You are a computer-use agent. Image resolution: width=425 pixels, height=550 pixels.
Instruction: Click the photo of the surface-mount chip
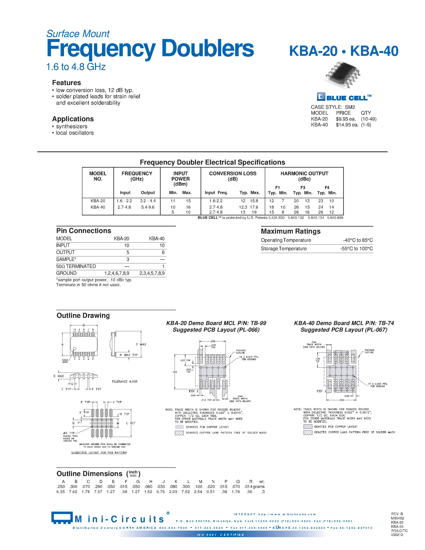(x=343, y=75)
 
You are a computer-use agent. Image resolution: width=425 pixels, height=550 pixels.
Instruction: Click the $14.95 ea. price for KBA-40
(x=347, y=125)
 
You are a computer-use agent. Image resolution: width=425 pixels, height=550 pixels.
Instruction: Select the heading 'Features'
(x=66, y=83)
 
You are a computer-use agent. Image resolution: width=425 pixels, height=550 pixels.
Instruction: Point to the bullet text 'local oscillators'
(x=75, y=133)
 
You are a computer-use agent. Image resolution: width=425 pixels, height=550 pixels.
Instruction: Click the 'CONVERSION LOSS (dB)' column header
(x=232, y=176)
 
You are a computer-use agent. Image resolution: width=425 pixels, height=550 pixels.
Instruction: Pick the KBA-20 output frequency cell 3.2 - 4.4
(x=148, y=201)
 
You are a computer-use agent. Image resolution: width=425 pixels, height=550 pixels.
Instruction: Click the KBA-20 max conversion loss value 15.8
(x=254, y=201)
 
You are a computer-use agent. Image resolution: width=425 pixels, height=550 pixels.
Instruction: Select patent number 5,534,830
(x=276, y=218)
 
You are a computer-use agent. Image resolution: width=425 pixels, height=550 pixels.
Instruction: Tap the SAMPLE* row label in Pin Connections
(x=66, y=259)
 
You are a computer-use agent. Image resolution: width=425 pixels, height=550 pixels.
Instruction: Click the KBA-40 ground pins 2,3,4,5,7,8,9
(x=152, y=273)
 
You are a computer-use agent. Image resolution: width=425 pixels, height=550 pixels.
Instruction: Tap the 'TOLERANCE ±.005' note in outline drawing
(x=124, y=382)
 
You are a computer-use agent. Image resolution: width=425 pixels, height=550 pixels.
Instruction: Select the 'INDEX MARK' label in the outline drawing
(x=65, y=361)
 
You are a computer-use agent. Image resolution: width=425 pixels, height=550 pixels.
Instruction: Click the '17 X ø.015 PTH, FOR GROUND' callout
(x=377, y=385)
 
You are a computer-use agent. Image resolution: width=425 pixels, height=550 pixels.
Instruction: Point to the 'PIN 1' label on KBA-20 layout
(x=193, y=391)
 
